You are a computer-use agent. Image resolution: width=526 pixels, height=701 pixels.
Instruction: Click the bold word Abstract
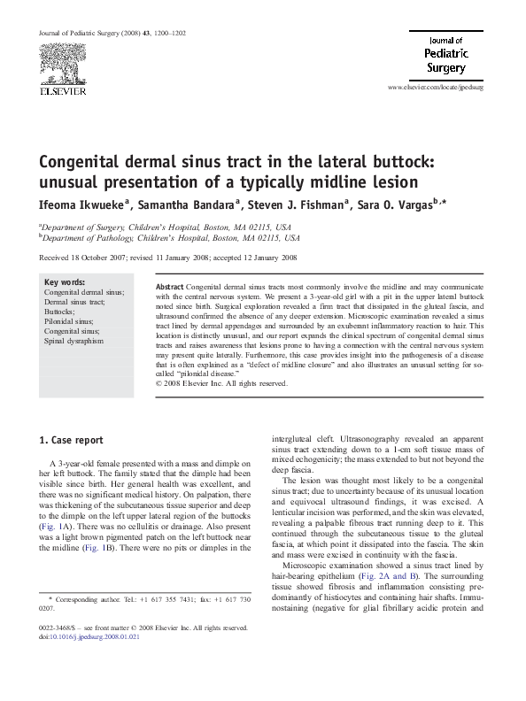pyautogui.click(x=170, y=289)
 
